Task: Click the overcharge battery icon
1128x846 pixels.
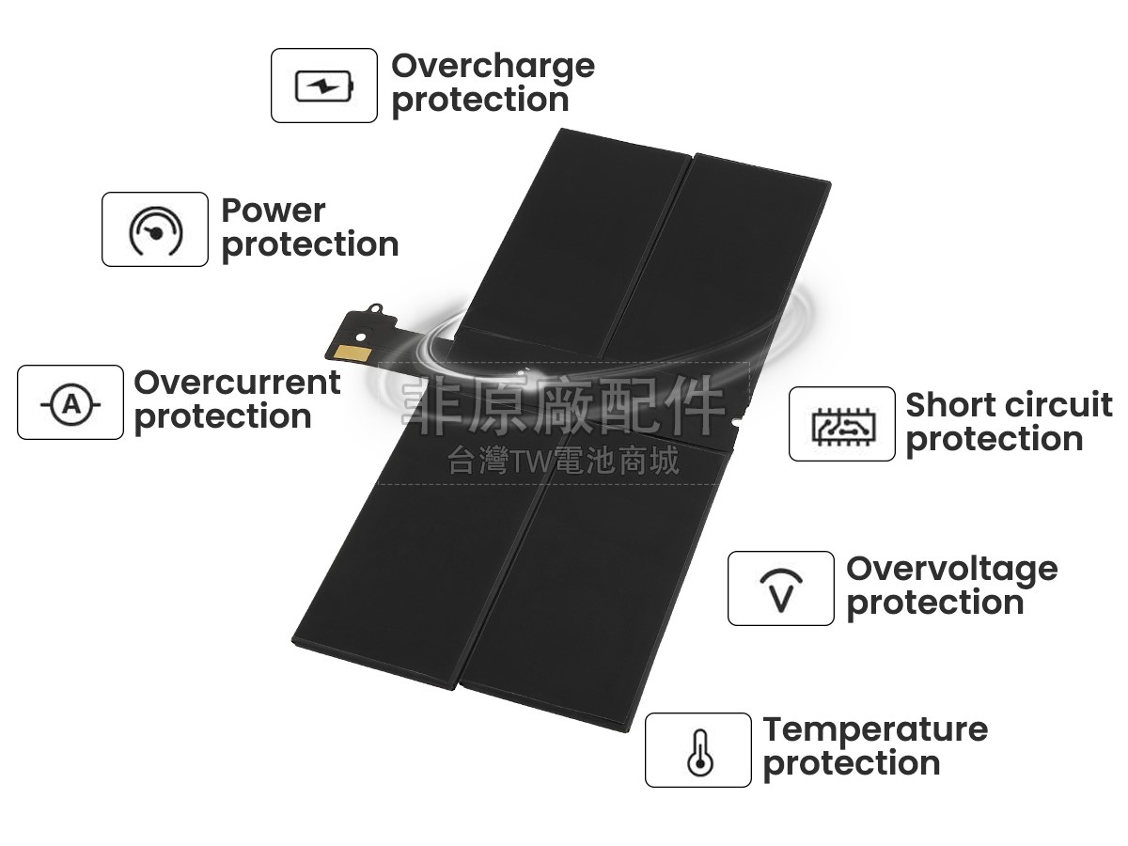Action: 324,86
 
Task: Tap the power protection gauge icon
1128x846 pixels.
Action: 155,230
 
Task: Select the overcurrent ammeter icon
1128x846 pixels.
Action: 70,403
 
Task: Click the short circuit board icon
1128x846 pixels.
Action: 841,425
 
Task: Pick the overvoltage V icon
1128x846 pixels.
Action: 780,589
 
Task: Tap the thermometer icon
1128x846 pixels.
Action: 697,751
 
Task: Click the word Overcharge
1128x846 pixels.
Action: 493,66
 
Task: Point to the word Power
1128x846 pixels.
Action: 273,211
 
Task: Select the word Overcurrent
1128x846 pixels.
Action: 237,383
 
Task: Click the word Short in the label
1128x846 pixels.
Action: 949,405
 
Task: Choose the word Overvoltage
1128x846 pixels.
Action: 951,569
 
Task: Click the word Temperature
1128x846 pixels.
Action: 875,729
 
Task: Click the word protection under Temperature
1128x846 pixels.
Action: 852,764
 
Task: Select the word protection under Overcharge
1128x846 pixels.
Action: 480,101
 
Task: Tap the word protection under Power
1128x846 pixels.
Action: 310,245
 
